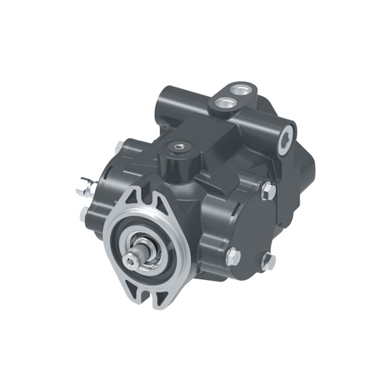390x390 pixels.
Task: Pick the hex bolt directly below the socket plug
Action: click(268, 189)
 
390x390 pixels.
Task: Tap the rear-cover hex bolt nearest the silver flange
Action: click(231, 253)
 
